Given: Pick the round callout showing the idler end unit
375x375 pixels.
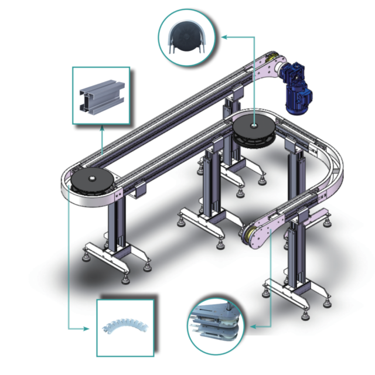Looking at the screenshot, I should pos(216,325).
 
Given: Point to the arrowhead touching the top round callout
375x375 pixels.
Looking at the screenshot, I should pos(223,36).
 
